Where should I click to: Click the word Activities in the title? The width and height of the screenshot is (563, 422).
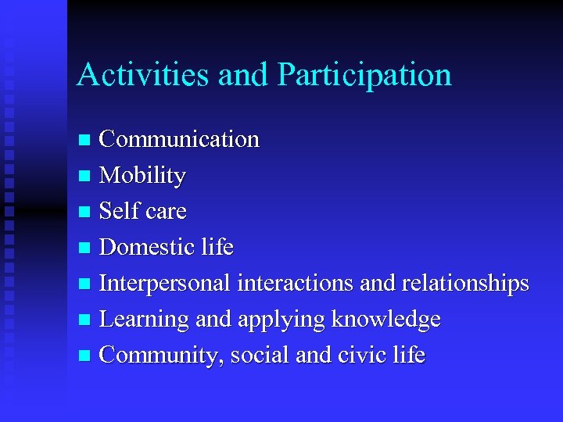[143, 75]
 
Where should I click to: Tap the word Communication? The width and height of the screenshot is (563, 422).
[179, 139]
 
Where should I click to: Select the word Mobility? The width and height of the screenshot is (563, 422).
[142, 177]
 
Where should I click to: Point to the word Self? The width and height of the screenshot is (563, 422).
[119, 211]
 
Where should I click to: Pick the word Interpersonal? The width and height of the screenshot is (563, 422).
[165, 284]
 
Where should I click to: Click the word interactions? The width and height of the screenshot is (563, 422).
[295, 283]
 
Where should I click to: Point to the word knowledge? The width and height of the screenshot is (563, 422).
[385, 320]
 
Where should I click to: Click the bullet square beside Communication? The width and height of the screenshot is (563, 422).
[85, 141]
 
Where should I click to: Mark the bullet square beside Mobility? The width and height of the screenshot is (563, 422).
[85, 177]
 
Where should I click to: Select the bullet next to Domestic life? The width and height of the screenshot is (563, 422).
[85, 249]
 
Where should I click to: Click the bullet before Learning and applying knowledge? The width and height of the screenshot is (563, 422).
[85, 320]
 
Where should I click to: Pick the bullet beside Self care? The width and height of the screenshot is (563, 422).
[85, 213]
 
